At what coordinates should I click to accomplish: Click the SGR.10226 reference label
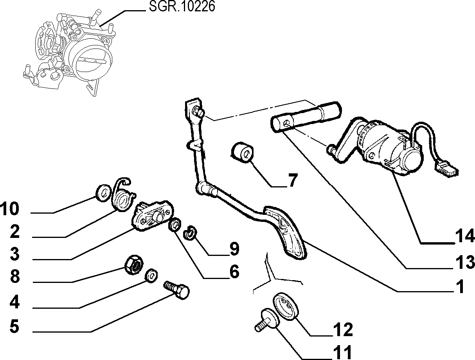pyautogui.click(x=182, y=6)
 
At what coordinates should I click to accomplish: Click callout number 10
pyautogui.click(x=10, y=209)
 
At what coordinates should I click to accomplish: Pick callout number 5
pyautogui.click(x=14, y=326)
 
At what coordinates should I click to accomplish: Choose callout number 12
pyautogui.click(x=343, y=329)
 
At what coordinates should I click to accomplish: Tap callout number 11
pyautogui.click(x=343, y=353)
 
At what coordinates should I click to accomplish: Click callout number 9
pyautogui.click(x=234, y=248)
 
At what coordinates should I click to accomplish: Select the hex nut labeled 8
pyautogui.click(x=133, y=265)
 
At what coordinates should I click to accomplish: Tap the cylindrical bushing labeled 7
pyautogui.click(x=242, y=152)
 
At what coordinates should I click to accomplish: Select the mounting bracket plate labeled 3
pyautogui.click(x=153, y=216)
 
